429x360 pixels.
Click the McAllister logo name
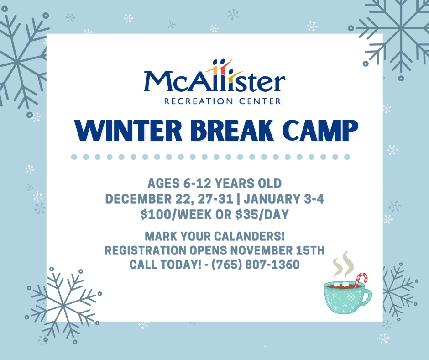pos(214,81)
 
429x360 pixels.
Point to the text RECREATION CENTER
pos(223,101)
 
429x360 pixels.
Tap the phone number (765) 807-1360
pos(256,265)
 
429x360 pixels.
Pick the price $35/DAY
pos(262,214)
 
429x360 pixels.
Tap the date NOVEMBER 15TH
pos(277,250)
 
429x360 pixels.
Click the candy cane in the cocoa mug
pos(361,280)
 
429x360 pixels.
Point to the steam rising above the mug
pos(343,264)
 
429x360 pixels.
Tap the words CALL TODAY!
pos(165,265)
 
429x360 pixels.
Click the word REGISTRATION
pos(145,250)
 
